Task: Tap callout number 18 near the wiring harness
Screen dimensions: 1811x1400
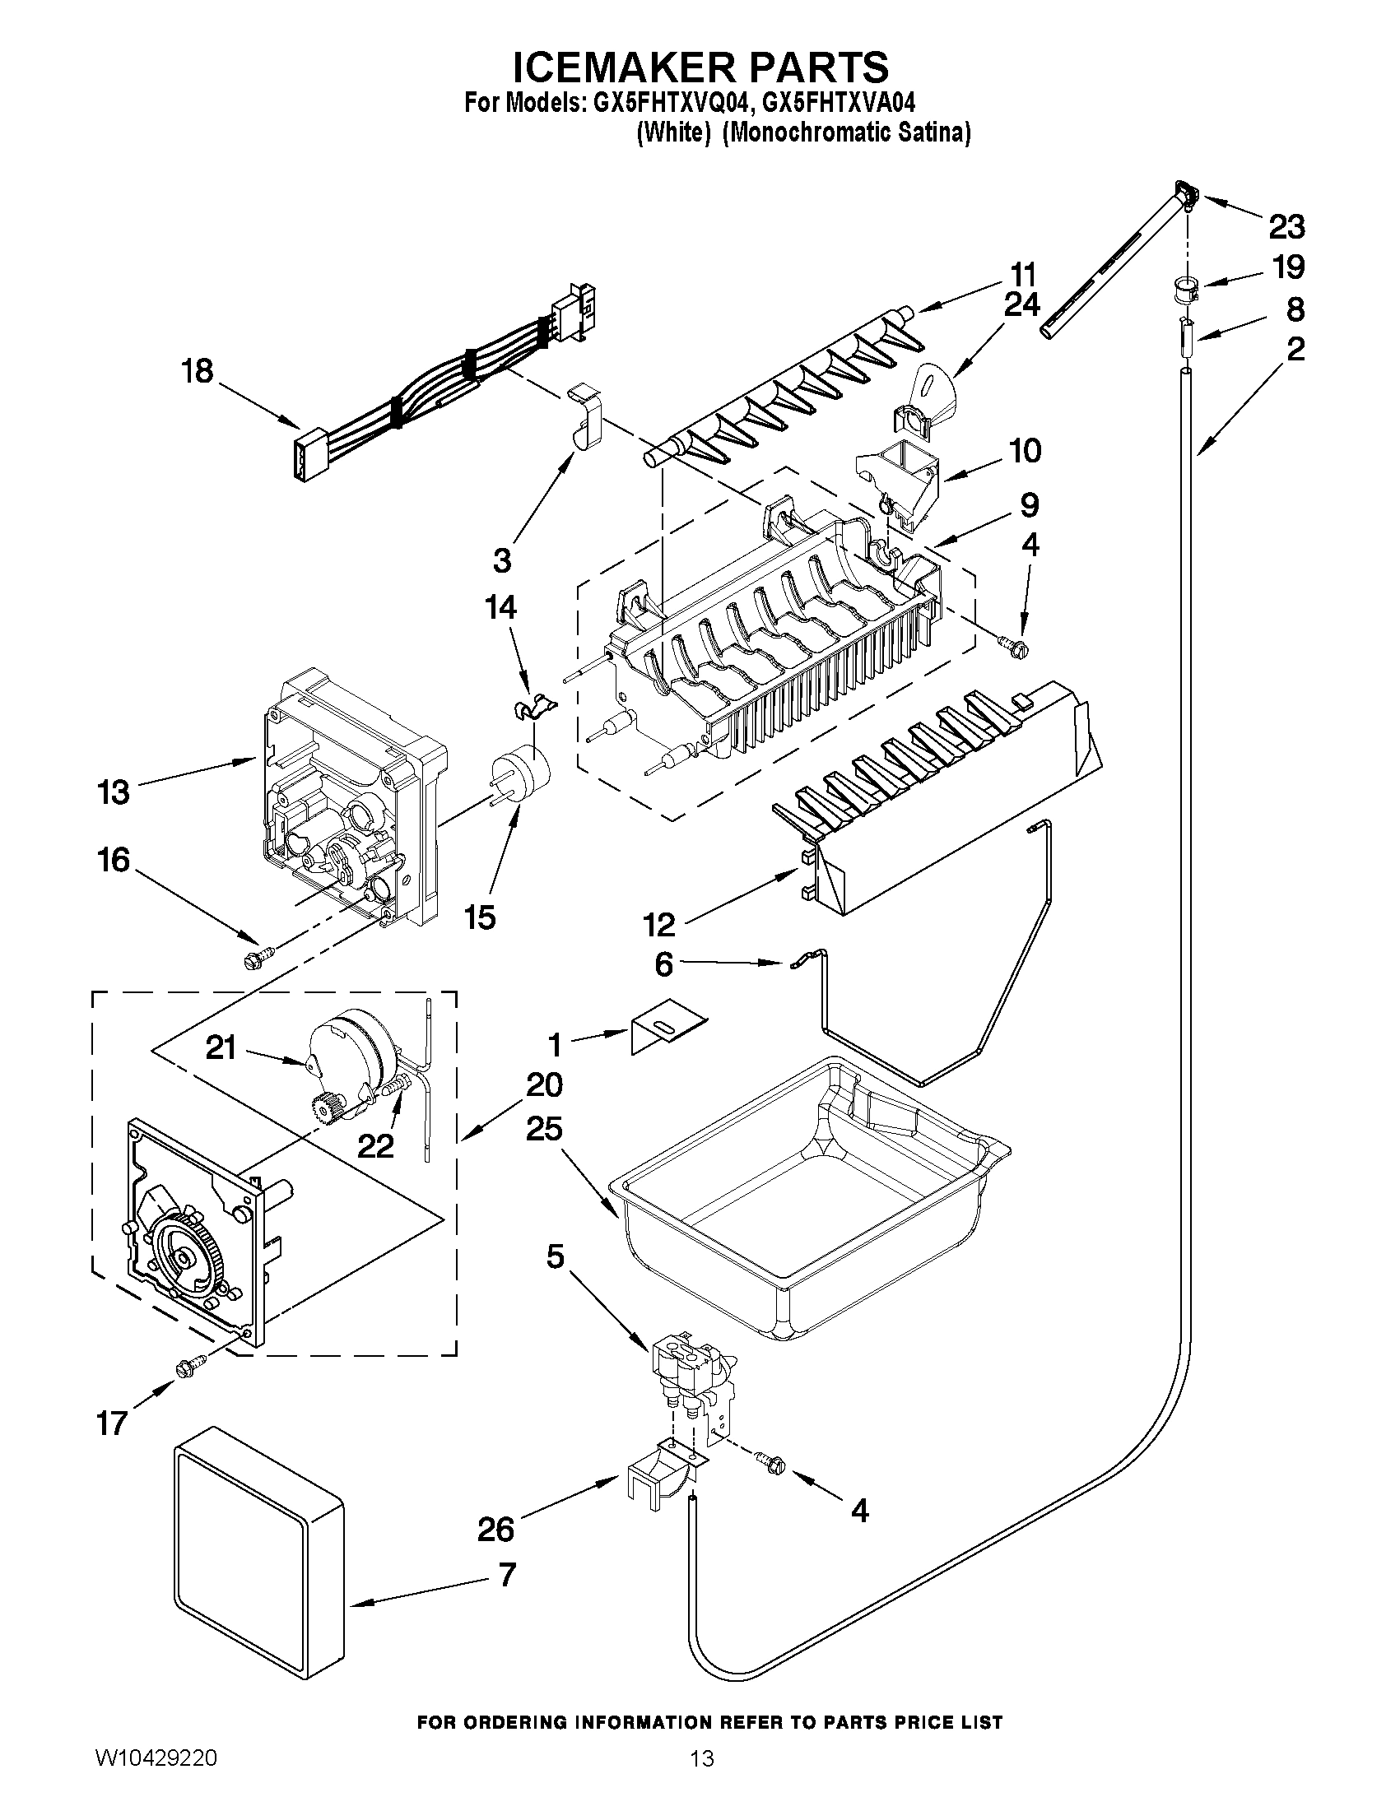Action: pos(198,371)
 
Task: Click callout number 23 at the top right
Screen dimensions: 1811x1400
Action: pos(1286,225)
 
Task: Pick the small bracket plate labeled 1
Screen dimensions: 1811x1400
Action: pos(666,1031)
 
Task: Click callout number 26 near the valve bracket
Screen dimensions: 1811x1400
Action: pos(496,1528)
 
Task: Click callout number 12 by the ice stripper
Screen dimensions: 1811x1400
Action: pos(660,925)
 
